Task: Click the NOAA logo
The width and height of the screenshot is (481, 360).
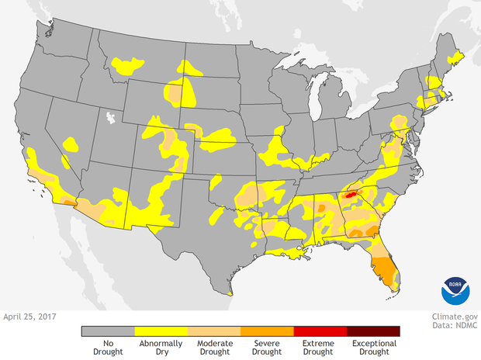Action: click(455, 289)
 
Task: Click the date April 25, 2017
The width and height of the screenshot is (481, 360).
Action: click(32, 317)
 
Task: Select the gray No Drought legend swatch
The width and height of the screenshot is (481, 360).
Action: click(108, 331)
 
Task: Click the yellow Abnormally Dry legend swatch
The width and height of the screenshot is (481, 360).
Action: click(161, 331)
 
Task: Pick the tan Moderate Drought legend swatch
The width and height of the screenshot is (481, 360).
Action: click(214, 331)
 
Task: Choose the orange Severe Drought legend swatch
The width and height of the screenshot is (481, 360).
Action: click(267, 331)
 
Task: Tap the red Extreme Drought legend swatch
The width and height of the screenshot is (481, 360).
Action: click(320, 331)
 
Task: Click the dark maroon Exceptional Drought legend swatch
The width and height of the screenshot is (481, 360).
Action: click(373, 331)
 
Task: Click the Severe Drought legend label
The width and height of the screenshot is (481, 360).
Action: click(267, 347)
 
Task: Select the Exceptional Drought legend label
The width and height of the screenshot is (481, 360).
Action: click(373, 347)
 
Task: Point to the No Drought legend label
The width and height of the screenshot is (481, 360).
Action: click(108, 347)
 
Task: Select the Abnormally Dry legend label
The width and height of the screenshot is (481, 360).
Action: click(161, 347)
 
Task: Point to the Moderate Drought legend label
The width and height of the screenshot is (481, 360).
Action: click(214, 347)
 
